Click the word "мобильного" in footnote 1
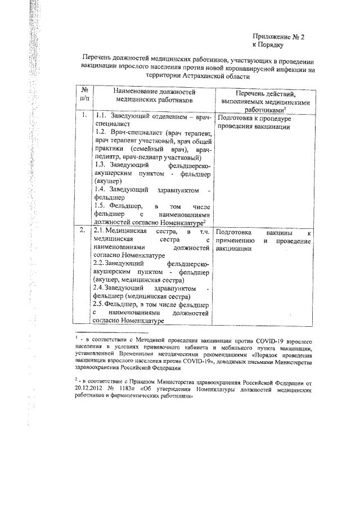[234, 348]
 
